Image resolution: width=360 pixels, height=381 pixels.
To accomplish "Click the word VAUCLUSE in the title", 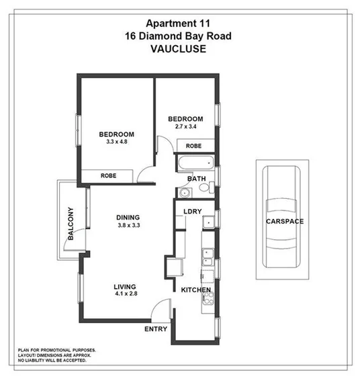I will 179,49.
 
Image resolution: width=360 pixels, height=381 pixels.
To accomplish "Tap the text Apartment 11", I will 179,22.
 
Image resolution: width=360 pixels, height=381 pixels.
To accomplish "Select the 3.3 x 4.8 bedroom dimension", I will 116,142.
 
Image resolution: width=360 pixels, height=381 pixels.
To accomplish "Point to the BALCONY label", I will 71,224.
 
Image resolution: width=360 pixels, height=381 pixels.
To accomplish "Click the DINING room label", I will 128,217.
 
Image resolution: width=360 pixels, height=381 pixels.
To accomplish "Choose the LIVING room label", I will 125,285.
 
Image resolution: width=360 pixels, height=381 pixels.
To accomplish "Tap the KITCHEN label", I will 196,290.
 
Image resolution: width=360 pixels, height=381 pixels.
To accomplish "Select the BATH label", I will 197,179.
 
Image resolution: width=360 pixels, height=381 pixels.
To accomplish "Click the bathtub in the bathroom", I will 195,163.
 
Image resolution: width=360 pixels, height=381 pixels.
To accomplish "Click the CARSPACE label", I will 285,221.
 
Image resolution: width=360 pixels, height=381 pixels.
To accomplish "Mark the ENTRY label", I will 156,329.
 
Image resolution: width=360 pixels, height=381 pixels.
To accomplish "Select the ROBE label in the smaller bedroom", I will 193,146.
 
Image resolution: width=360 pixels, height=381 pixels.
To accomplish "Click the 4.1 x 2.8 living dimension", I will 125,294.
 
